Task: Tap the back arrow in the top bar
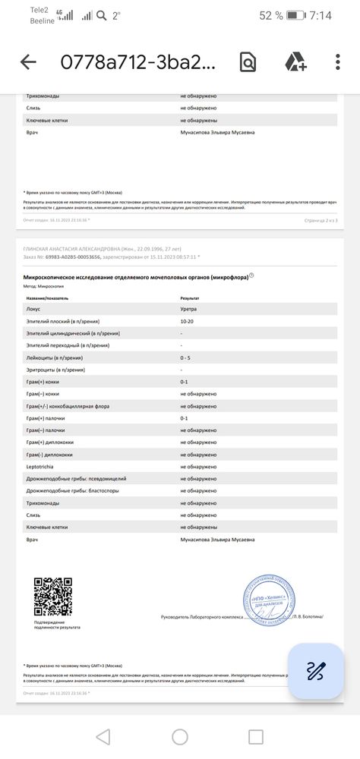pos(28,62)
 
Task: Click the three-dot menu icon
pos(338,62)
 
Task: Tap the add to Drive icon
pos(295,62)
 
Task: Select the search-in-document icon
pos(248,62)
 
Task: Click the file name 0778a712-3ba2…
pos(137,62)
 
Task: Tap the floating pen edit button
pos(316,671)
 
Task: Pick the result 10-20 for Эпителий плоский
pos(187,321)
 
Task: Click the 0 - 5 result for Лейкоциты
pos(186,357)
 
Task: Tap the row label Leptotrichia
pos(43,467)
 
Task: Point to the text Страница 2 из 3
pos(319,219)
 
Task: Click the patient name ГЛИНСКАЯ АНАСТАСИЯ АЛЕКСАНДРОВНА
pos(72,248)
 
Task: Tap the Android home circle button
pos(180,736)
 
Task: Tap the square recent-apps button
pos(256,736)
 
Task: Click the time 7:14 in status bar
pos(321,15)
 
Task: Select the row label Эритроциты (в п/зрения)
pos(55,370)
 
